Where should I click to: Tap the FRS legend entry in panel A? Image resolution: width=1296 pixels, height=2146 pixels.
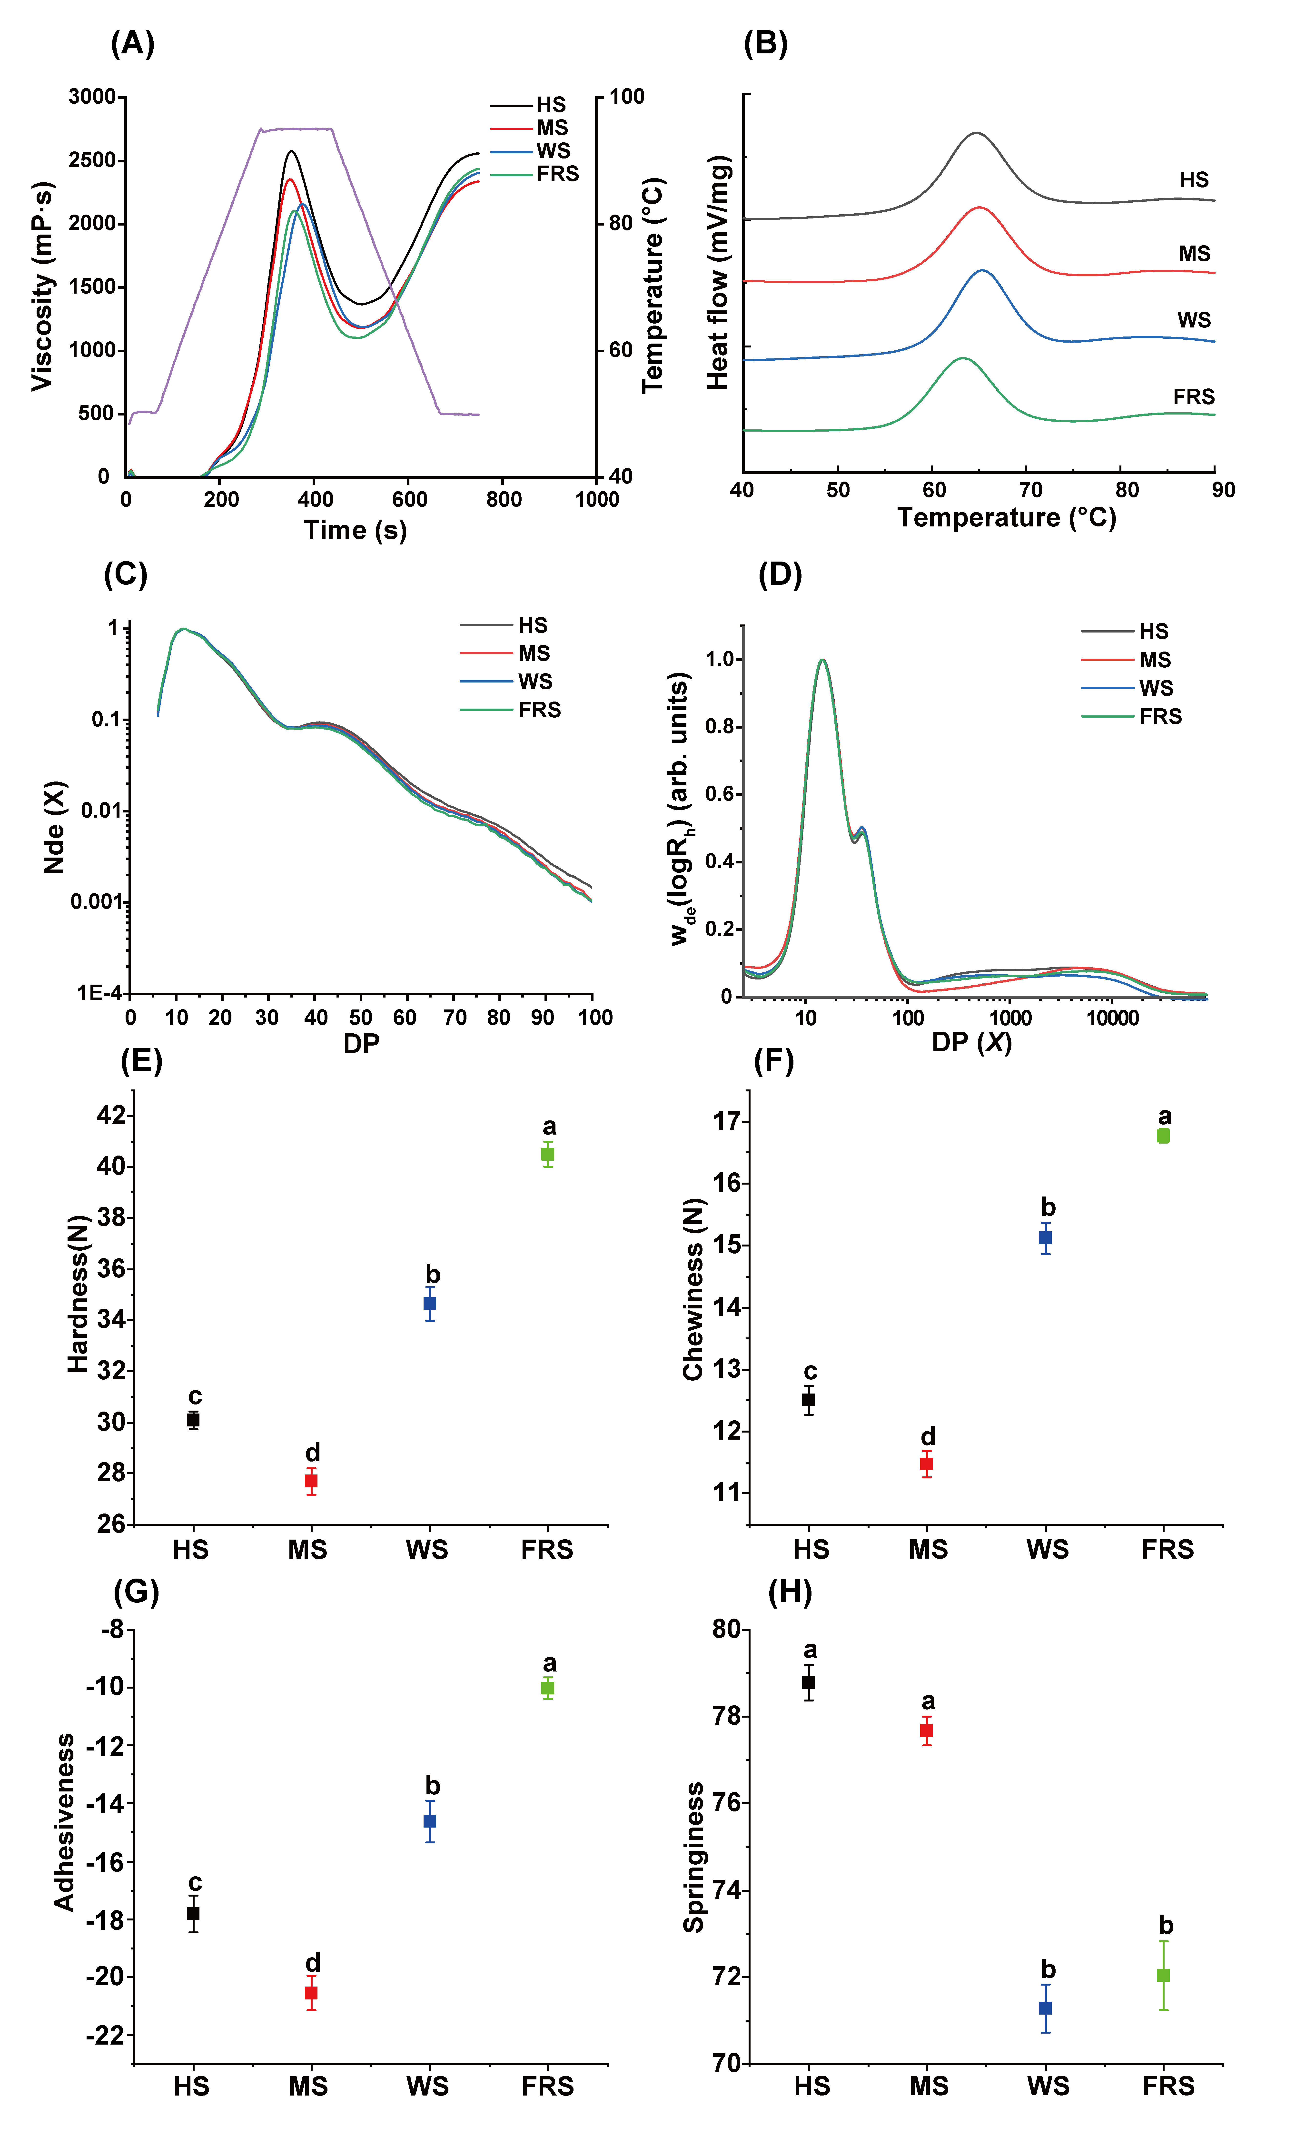coord(557,174)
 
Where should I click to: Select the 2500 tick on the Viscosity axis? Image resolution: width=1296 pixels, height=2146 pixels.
coord(92,160)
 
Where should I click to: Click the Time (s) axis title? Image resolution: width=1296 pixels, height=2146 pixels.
coord(355,530)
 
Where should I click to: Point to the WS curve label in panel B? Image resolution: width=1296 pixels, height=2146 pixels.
coord(1194,320)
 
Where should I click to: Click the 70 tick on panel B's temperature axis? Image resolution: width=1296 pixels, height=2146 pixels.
coord(1030,489)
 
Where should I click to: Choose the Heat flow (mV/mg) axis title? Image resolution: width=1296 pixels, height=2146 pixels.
coord(718,273)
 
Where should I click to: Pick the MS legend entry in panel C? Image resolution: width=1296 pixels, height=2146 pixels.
coord(534,653)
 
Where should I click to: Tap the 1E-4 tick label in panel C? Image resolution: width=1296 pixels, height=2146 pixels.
coord(99,993)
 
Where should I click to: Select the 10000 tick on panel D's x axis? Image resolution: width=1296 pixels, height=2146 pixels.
coord(1112,1017)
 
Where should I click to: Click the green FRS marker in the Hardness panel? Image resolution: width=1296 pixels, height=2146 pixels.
coord(548,1154)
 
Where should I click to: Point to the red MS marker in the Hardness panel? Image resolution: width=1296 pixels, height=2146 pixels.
coord(311,1481)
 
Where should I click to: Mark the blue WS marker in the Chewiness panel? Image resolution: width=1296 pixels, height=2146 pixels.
coord(1045,1238)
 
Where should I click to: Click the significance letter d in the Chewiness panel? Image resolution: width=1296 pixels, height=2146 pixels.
coord(929,1436)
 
